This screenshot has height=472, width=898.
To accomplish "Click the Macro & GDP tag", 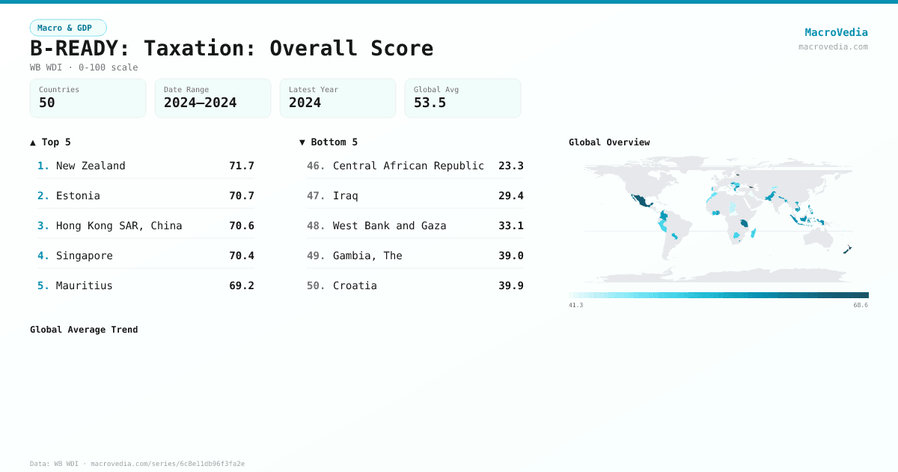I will [67, 28].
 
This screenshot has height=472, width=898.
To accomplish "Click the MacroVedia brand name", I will [836, 32].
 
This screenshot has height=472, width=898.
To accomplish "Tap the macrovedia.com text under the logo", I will [833, 46].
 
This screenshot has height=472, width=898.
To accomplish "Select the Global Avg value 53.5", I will [430, 103].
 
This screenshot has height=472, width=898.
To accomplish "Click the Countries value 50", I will [47, 103].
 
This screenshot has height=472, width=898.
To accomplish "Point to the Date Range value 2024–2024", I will [200, 103].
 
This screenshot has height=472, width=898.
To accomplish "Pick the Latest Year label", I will [314, 89].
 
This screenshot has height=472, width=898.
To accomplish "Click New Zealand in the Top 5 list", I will [91, 166].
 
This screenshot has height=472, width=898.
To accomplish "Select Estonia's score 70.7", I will [241, 196].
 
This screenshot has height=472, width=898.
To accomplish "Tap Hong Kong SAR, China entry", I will [119, 226].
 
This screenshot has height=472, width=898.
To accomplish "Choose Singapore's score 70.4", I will [241, 255].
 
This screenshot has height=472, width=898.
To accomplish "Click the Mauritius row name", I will [85, 285].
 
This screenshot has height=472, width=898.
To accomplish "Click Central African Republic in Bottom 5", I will [409, 166].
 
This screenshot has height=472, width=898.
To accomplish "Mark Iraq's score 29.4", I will [510, 196].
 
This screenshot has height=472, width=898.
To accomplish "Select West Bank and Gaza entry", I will [389, 226].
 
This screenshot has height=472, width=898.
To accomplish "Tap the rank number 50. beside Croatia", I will [316, 285].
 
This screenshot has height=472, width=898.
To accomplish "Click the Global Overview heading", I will [608, 142].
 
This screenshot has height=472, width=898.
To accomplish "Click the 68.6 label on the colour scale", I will [860, 305].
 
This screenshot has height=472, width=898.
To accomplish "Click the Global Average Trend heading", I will [84, 330].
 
